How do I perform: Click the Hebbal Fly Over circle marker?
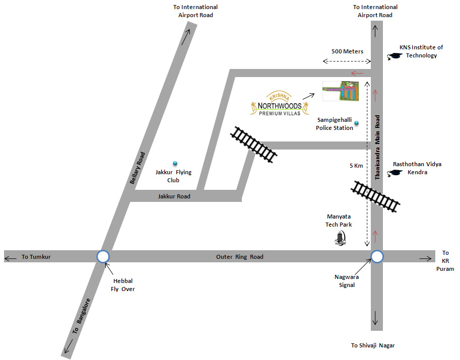[x=103, y=257]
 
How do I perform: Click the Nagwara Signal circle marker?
[x=377, y=257]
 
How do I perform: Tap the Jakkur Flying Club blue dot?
[x=175, y=163]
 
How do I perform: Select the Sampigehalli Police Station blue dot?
[x=357, y=123]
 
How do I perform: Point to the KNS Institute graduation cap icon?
[x=392, y=57]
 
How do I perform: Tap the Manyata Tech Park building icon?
[x=342, y=237]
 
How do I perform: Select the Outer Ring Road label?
[x=240, y=257]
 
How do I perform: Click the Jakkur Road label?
[x=174, y=196]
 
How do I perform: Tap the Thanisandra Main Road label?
[x=377, y=147]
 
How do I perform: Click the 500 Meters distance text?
[x=347, y=51]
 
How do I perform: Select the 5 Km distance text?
[x=355, y=166]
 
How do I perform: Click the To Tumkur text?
[x=36, y=257]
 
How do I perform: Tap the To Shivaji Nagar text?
[x=373, y=345]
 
